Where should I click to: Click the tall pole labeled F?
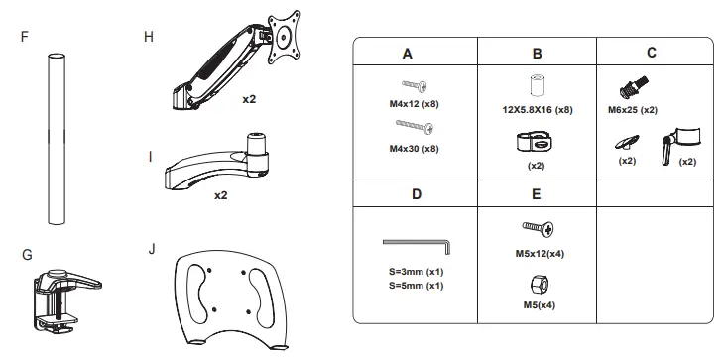tap(57, 139)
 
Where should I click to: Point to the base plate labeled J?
tap(228, 300)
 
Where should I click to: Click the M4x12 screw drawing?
tap(415, 85)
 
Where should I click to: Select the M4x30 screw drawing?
tap(415, 126)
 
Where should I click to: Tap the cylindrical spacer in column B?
tap(537, 85)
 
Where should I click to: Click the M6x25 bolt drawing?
tap(633, 87)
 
